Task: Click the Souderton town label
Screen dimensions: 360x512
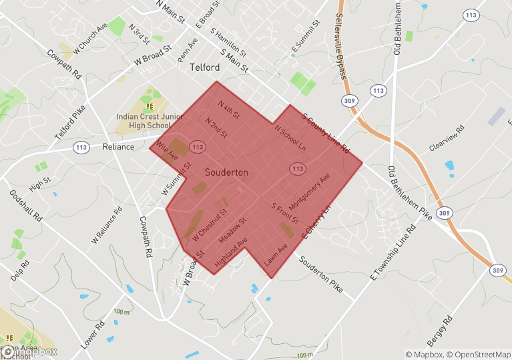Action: [226, 172]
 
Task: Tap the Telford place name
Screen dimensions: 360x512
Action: [204, 67]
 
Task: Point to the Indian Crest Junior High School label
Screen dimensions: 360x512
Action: [149, 120]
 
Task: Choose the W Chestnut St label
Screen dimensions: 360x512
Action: [210, 225]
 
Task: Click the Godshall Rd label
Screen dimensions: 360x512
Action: [26, 206]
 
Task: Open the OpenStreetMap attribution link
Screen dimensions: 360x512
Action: [480, 355]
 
